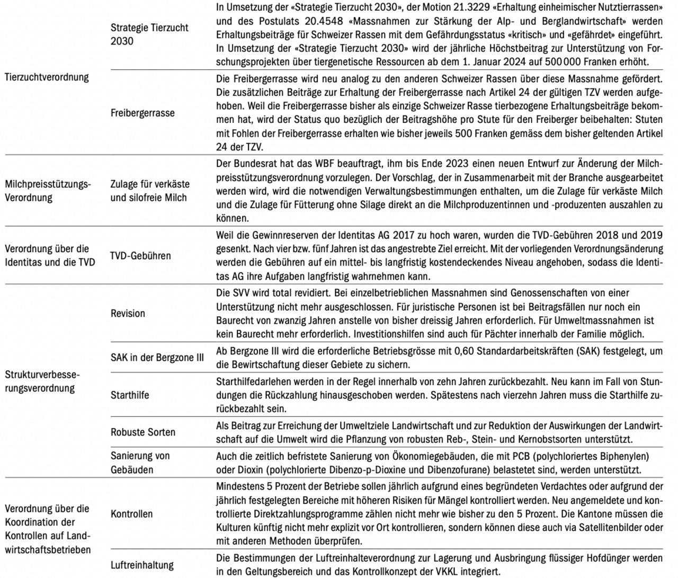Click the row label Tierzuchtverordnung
pos(47,77)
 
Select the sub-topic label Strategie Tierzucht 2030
pos(149,34)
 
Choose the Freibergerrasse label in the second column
pos(142,113)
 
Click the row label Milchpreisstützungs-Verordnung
pos(48,191)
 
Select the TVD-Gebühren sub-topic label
pos(141,255)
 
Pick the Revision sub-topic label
pos(128,313)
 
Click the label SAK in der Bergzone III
pos(157,358)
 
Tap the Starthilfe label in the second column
pos(130,395)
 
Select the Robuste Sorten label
pos(143,432)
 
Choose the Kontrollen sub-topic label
pos(131,514)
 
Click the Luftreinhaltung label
pos(142,565)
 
